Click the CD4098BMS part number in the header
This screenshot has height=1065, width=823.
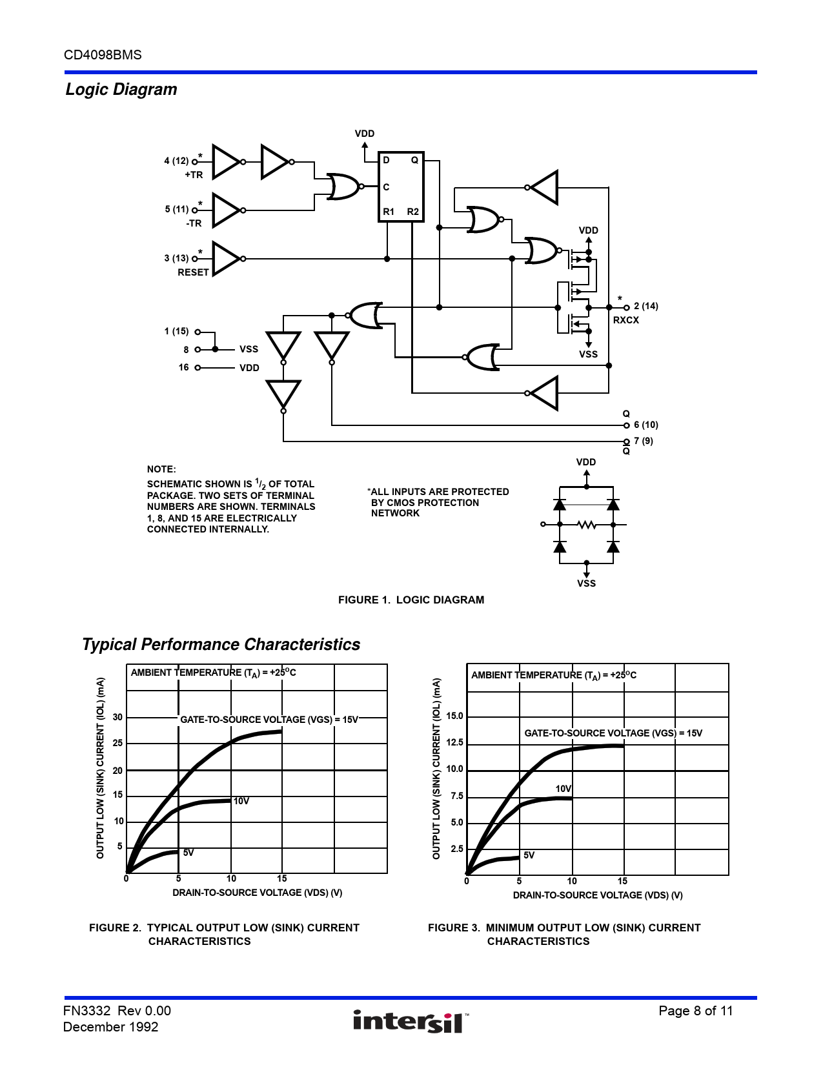click(x=103, y=55)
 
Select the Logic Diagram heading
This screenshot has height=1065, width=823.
click(x=121, y=90)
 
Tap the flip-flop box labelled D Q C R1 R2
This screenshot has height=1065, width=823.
click(x=400, y=187)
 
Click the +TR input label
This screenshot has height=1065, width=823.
click(x=194, y=175)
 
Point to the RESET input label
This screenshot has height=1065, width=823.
click(x=193, y=272)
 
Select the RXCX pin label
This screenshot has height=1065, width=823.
click(x=625, y=320)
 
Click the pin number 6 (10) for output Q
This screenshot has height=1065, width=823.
click(x=645, y=425)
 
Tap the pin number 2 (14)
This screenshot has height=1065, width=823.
click(x=645, y=306)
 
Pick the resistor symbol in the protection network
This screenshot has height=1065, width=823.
click(x=586, y=525)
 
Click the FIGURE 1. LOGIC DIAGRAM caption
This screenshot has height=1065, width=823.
click(x=411, y=600)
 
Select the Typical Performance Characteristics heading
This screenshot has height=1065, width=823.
click(x=221, y=644)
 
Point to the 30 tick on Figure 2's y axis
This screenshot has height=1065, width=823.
click(x=117, y=717)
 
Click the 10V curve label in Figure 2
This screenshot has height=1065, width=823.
click(x=241, y=801)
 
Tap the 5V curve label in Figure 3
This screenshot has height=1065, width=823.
click(x=529, y=855)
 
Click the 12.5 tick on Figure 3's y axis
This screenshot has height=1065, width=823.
click(x=454, y=742)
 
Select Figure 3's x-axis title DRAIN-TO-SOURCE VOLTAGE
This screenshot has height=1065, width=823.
click(x=598, y=895)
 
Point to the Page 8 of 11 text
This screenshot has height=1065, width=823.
click(x=695, y=1011)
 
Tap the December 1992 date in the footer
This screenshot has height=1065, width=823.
click(x=110, y=1027)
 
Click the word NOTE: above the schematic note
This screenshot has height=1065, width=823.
click(x=161, y=469)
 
